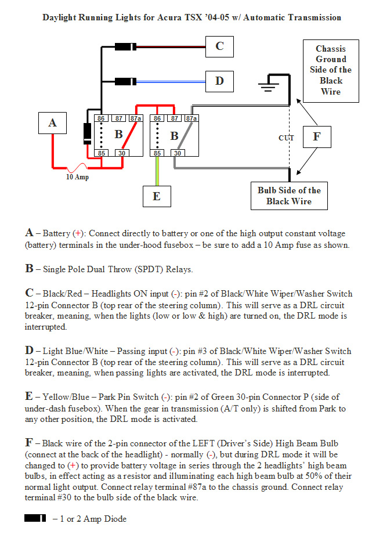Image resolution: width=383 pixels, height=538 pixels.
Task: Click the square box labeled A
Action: coord(53,122)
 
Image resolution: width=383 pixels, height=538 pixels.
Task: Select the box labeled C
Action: coord(219,46)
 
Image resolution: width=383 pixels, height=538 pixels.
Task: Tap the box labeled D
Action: coord(219,81)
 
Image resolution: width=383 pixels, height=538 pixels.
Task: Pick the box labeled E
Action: coord(157,196)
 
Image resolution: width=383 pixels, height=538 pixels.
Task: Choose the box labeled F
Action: coord(316,138)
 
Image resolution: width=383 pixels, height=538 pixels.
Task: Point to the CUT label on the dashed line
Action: coord(286,138)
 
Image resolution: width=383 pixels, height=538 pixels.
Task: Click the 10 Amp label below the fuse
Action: coord(77,177)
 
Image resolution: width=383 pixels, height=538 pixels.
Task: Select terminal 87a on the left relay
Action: coord(136,118)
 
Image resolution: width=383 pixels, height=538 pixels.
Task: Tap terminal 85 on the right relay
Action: coord(157,153)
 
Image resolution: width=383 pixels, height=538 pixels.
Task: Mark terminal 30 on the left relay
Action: coord(121,153)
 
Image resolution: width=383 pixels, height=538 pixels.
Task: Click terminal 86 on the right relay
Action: coord(157,118)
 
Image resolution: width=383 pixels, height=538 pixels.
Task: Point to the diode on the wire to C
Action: coord(124,46)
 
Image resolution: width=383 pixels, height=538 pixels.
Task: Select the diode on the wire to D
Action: coord(124,81)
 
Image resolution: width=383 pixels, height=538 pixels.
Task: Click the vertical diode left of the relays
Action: coord(87,133)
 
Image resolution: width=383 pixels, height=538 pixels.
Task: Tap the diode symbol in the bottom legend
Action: coord(35,518)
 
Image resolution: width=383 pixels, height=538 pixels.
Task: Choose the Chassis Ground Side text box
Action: coord(331,70)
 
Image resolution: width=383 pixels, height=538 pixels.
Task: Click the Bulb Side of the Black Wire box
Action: coord(289,196)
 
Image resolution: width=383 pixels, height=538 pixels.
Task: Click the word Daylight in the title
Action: coord(60,17)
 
